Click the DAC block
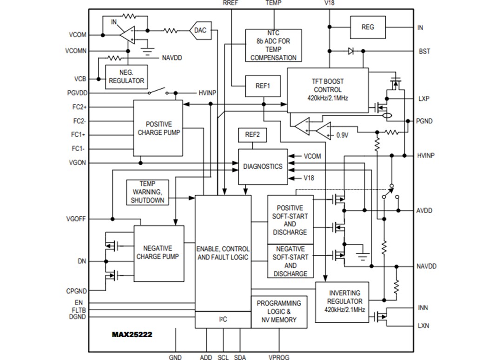coord(200,31)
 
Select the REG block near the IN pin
coord(367,27)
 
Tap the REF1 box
coord(263,86)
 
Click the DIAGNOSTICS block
coord(263,167)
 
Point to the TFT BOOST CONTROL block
coord(328,90)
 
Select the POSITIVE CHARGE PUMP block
coord(159,128)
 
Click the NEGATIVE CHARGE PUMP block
coord(159,253)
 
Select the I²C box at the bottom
coord(223,320)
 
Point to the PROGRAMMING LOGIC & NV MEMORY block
coord(279,312)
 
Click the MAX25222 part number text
coord(132,334)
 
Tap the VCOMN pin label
coord(76,51)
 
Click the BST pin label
coord(424,51)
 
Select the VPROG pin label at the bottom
coord(279,357)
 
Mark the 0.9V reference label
coord(342,135)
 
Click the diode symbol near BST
coord(351,51)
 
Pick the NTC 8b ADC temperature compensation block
coord(273,46)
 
